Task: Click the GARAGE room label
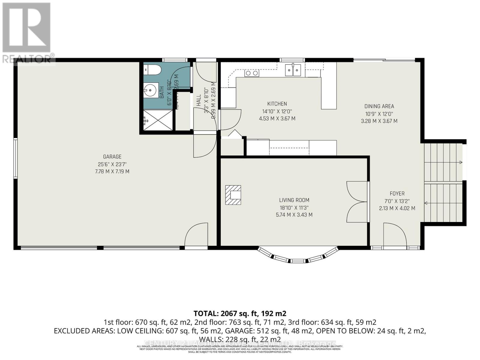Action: click(x=112, y=157)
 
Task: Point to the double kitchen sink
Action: click(x=293, y=70)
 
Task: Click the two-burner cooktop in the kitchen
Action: click(x=252, y=73)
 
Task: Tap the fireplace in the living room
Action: click(x=233, y=195)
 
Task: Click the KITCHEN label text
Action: click(x=277, y=104)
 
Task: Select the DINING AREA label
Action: click(x=379, y=106)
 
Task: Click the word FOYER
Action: click(x=397, y=193)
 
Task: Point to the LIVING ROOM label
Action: click(x=294, y=200)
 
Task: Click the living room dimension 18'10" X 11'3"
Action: click(x=294, y=208)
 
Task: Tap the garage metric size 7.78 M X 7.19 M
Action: click(x=112, y=172)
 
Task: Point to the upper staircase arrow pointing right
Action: click(x=460, y=162)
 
